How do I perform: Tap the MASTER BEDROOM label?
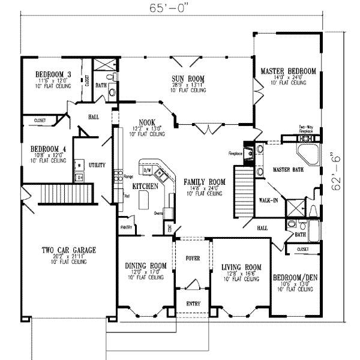[x=288, y=71]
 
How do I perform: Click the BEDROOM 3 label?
[x=52, y=74]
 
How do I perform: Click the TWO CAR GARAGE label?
[x=69, y=250]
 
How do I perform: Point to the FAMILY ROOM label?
[x=204, y=181]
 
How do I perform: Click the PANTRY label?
[x=127, y=227]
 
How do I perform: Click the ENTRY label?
[x=193, y=304]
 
